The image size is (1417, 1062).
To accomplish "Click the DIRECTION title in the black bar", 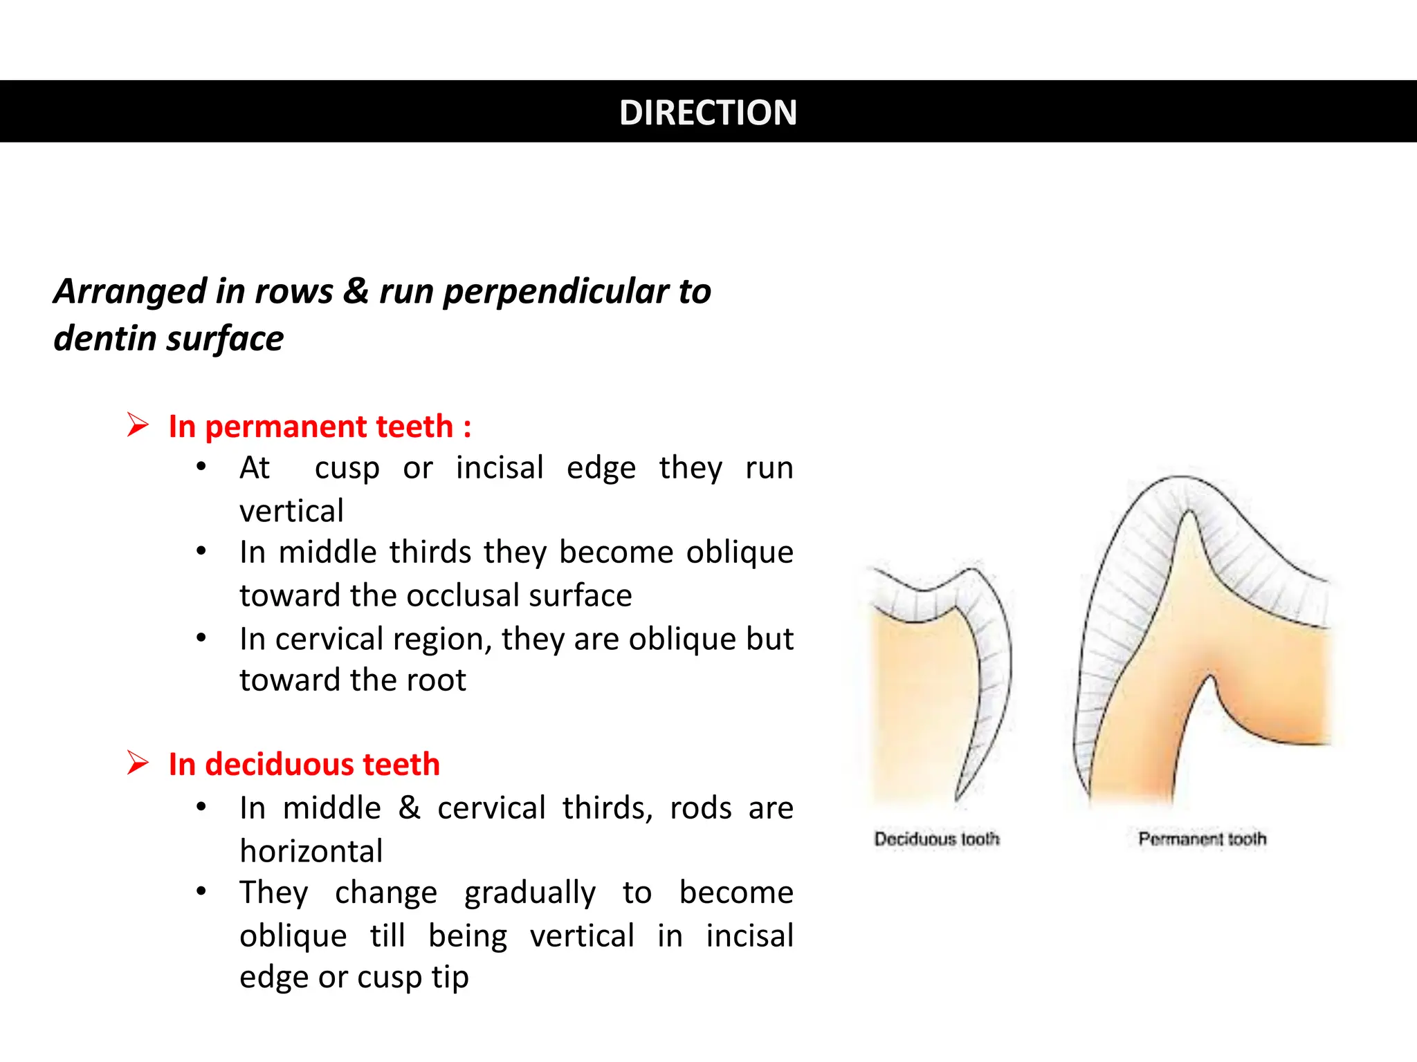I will point(708,112).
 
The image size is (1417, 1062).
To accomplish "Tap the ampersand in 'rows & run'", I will point(356,290).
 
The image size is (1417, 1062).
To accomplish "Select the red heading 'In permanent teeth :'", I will point(320,426).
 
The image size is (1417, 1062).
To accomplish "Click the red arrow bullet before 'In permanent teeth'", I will point(138,425).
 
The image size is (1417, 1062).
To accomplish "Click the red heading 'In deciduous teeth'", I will point(304,764).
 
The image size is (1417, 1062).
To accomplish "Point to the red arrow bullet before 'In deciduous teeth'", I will point(138,763).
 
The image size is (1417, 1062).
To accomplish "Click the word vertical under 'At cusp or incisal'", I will point(291,511).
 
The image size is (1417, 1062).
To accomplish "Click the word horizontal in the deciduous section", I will point(311,850).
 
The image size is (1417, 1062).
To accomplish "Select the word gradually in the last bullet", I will point(529,892).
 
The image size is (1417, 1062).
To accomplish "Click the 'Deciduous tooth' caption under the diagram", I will point(937,839).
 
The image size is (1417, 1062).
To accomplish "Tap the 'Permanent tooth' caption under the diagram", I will point(1202,839).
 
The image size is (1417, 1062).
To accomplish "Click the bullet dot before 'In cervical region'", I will point(201,637).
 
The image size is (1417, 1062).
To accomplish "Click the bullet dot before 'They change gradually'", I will point(201,891).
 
